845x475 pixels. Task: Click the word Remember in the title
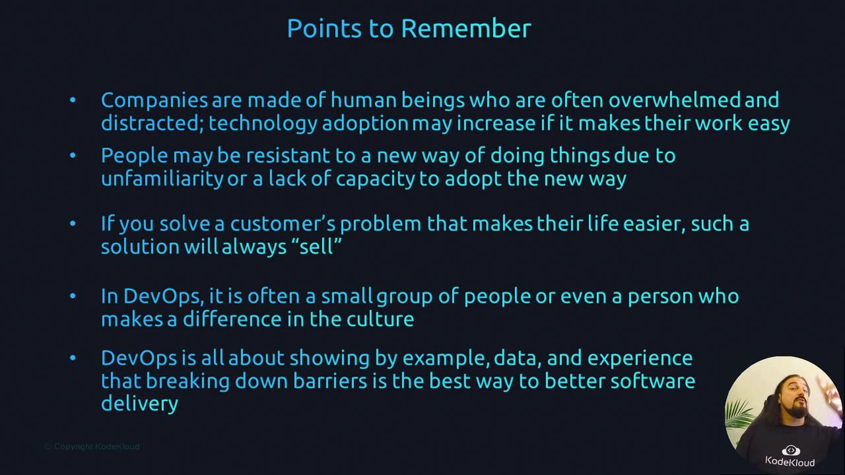click(x=466, y=28)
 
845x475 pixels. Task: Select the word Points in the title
click(x=324, y=28)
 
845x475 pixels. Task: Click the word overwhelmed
click(x=674, y=100)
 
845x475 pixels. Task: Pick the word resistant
click(x=288, y=155)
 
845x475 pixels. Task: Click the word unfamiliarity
click(x=162, y=179)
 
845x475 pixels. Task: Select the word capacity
click(x=376, y=179)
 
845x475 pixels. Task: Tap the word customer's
click(x=283, y=224)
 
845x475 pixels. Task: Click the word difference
click(x=232, y=319)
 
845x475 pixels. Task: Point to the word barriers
click(x=329, y=381)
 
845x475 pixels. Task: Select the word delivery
click(x=139, y=404)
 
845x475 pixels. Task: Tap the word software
click(x=653, y=381)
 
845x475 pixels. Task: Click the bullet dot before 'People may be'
click(x=73, y=155)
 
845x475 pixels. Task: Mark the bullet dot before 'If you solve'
click(x=73, y=224)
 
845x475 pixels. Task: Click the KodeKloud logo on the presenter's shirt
click(x=790, y=456)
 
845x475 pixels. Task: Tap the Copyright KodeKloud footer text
click(x=92, y=447)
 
